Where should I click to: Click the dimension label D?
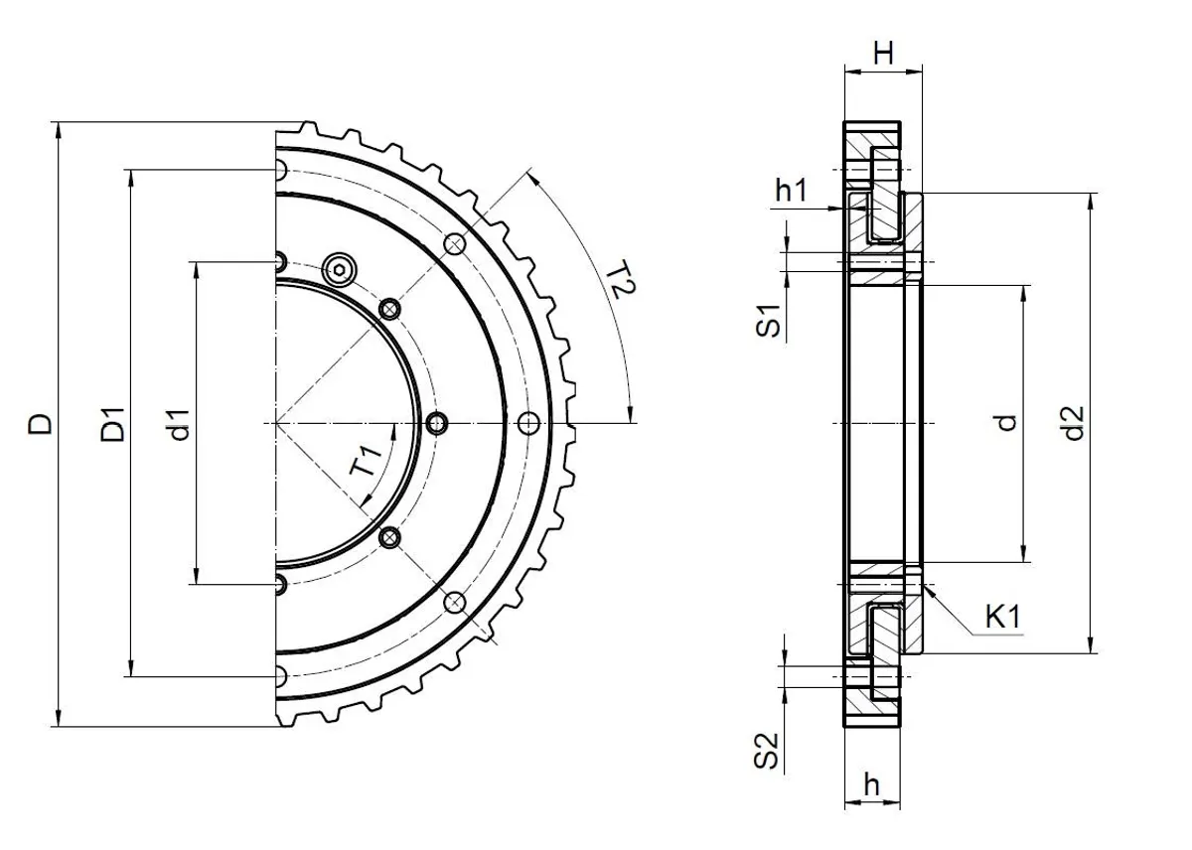coord(41,424)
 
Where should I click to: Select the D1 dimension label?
coord(113,424)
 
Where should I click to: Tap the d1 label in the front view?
coord(180,425)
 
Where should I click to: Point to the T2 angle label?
coord(621,282)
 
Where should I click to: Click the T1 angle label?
coord(367,461)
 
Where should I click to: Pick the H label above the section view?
coord(883,54)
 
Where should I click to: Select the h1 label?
coord(791,190)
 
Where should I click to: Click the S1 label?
coord(768,321)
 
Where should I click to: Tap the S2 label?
coord(767,751)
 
